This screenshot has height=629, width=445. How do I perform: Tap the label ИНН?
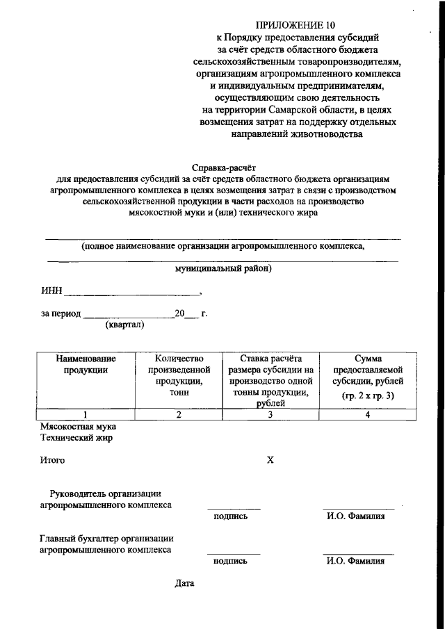click(x=51, y=291)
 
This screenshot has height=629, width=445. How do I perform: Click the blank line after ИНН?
click(x=131, y=293)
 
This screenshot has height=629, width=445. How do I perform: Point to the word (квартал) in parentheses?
click(x=124, y=325)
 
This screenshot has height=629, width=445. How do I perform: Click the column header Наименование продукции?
click(x=86, y=364)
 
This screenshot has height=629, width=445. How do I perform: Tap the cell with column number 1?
click(x=86, y=415)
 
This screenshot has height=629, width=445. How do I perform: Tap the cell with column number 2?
click(x=179, y=415)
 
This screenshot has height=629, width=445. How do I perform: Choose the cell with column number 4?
click(x=368, y=415)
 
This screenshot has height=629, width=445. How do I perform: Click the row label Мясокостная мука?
click(x=78, y=426)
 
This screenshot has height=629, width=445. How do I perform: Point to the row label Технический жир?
click(x=76, y=438)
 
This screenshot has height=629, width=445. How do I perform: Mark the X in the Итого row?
click(x=271, y=460)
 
